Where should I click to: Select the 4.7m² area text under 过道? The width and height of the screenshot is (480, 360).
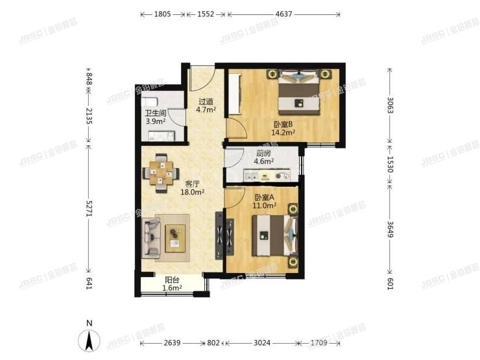click(206, 110)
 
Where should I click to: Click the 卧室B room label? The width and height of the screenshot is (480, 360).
click(283, 125)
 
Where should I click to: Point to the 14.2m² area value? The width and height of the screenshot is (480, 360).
click(283, 134)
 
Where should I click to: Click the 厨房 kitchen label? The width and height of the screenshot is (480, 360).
click(263, 153)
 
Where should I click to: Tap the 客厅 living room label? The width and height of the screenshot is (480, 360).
click(193, 184)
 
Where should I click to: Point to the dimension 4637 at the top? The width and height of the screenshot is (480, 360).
click(283, 14)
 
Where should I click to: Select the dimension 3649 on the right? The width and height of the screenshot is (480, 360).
click(390, 231)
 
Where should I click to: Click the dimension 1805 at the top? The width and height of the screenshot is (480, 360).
click(158, 14)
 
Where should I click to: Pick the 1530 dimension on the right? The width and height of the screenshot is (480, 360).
click(390, 162)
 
